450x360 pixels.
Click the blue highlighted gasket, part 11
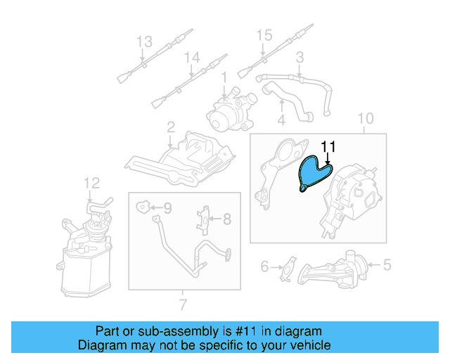pos(312,173)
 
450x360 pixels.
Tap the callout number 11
pos(328,146)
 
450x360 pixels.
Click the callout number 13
pos(143,41)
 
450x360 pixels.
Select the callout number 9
pos(167,207)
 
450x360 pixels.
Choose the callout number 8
pos(227,219)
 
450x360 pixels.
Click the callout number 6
pos(265,266)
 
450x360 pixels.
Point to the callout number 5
pos(386,265)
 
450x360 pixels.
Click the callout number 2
pos(170,127)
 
